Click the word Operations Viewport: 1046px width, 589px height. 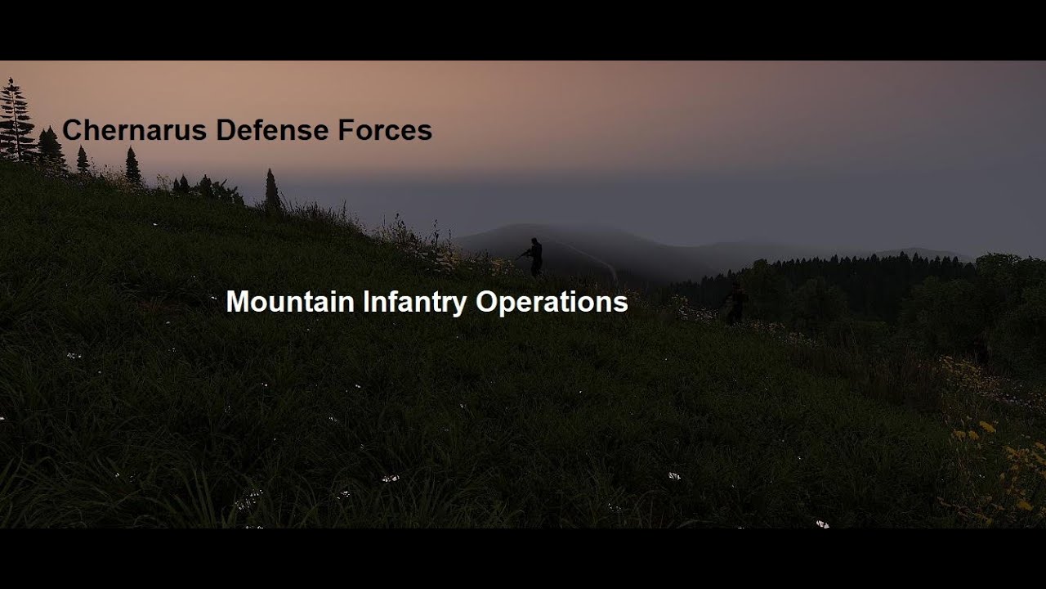(552, 302)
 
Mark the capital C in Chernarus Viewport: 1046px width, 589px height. (72, 130)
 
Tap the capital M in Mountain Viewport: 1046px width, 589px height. (237, 302)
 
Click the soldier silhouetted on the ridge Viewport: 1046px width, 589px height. (534, 257)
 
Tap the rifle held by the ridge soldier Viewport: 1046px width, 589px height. (522, 254)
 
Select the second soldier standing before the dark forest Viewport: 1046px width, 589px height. (735, 303)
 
